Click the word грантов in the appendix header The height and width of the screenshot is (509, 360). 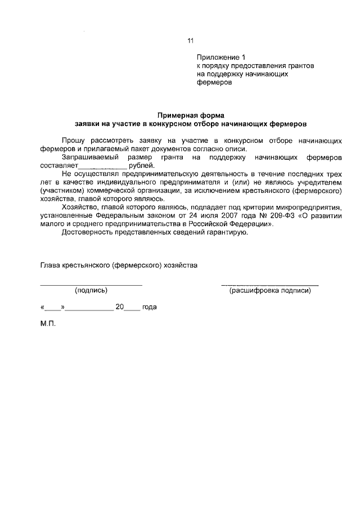pyautogui.click(x=296, y=65)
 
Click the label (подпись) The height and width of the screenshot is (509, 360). pyautogui.click(x=91, y=291)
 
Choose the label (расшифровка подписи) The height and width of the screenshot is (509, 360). pyautogui.click(x=269, y=291)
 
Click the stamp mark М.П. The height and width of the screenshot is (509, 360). pyautogui.click(x=48, y=325)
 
